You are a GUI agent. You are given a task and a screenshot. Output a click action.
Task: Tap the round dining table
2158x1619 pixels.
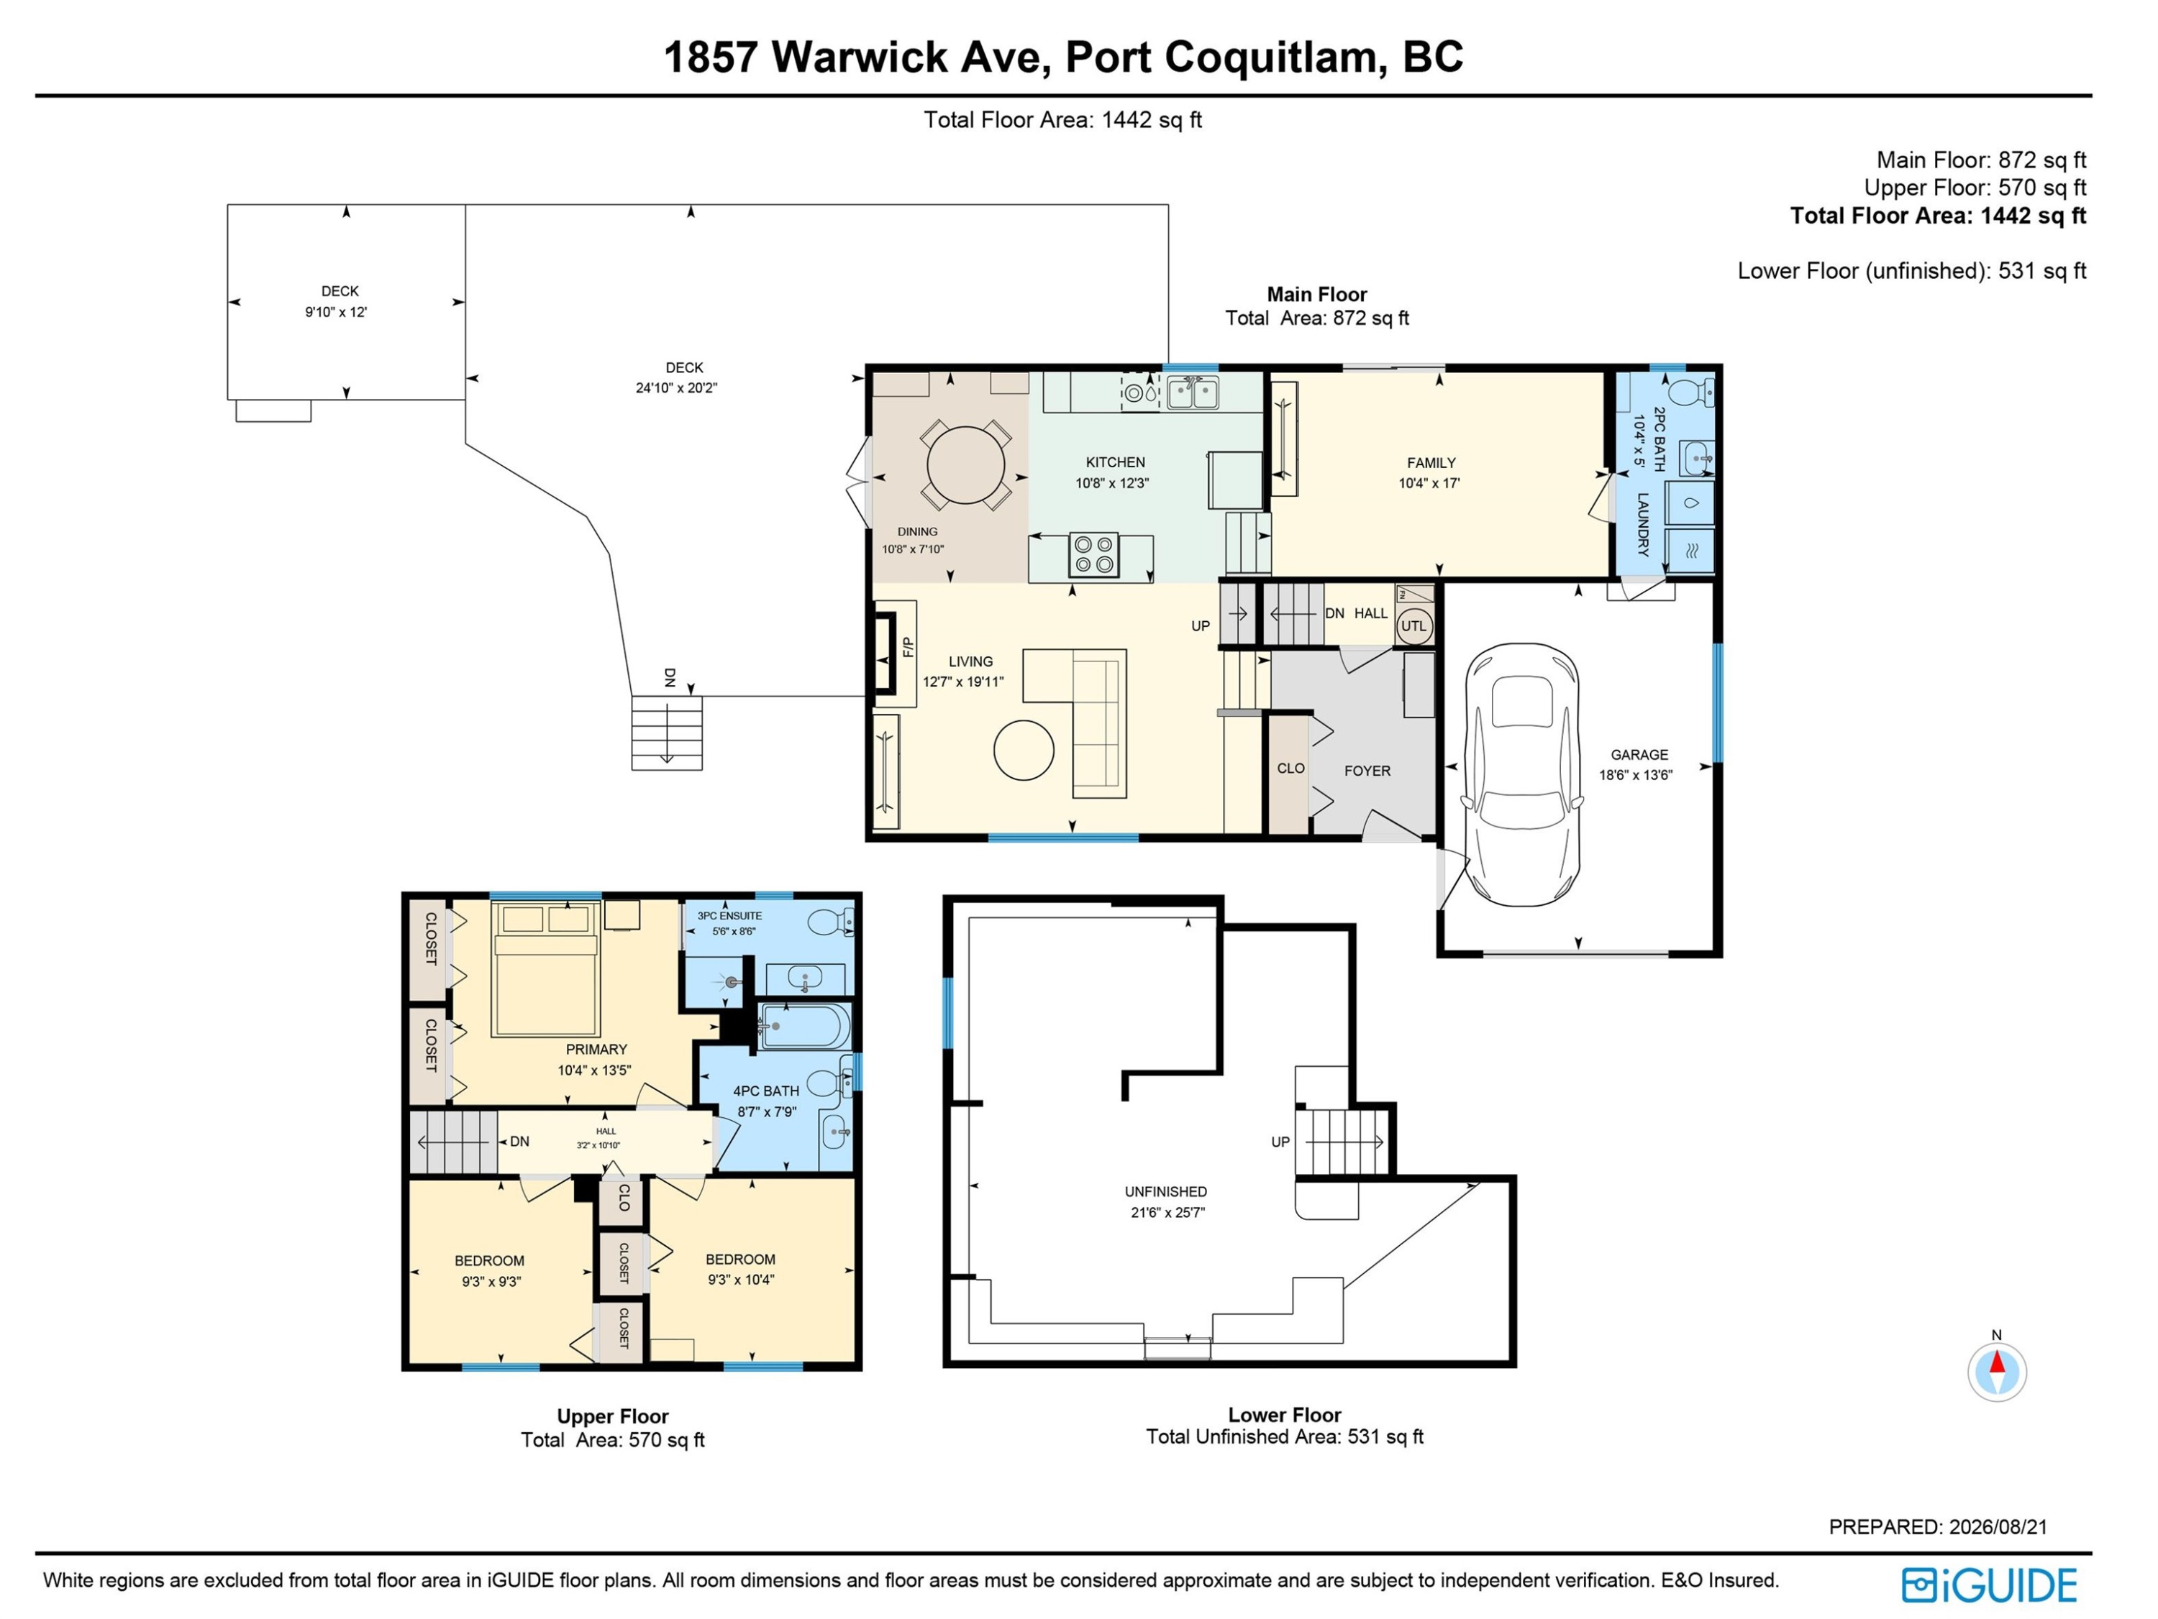(966, 465)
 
